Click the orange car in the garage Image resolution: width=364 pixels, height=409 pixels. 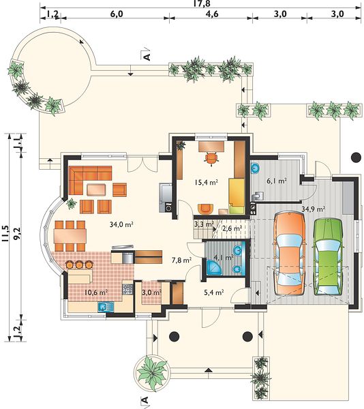point(289,254)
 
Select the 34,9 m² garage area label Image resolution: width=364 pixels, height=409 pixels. point(313,209)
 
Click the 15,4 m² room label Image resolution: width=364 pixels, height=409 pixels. point(206,182)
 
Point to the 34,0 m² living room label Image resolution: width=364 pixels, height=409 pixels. point(121,224)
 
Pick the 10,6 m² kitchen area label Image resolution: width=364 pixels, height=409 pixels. point(96,292)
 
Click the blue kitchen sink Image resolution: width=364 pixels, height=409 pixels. point(106,307)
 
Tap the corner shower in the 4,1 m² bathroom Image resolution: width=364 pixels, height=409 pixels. point(214,267)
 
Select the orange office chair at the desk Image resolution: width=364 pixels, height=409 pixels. point(211,158)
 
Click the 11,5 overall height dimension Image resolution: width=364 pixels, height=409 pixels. point(5,234)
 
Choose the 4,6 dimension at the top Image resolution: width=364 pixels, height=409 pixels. point(212,14)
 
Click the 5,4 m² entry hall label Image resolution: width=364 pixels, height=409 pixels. point(213,292)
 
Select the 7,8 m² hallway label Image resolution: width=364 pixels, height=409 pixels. point(182,260)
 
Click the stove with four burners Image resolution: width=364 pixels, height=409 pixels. point(127,289)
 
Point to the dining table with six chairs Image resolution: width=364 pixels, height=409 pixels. point(70,236)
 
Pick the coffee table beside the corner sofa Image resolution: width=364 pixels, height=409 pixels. point(97,190)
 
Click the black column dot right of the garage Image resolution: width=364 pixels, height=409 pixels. point(356,157)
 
